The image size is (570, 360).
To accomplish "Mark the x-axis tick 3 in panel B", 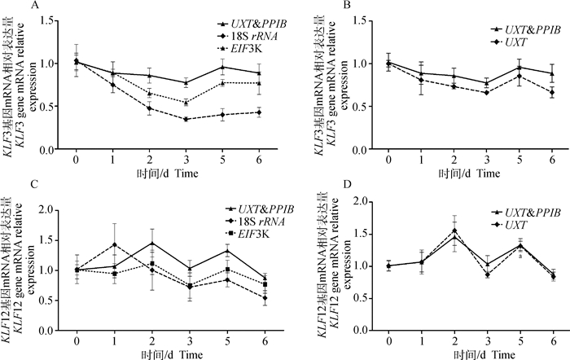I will [485, 161].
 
